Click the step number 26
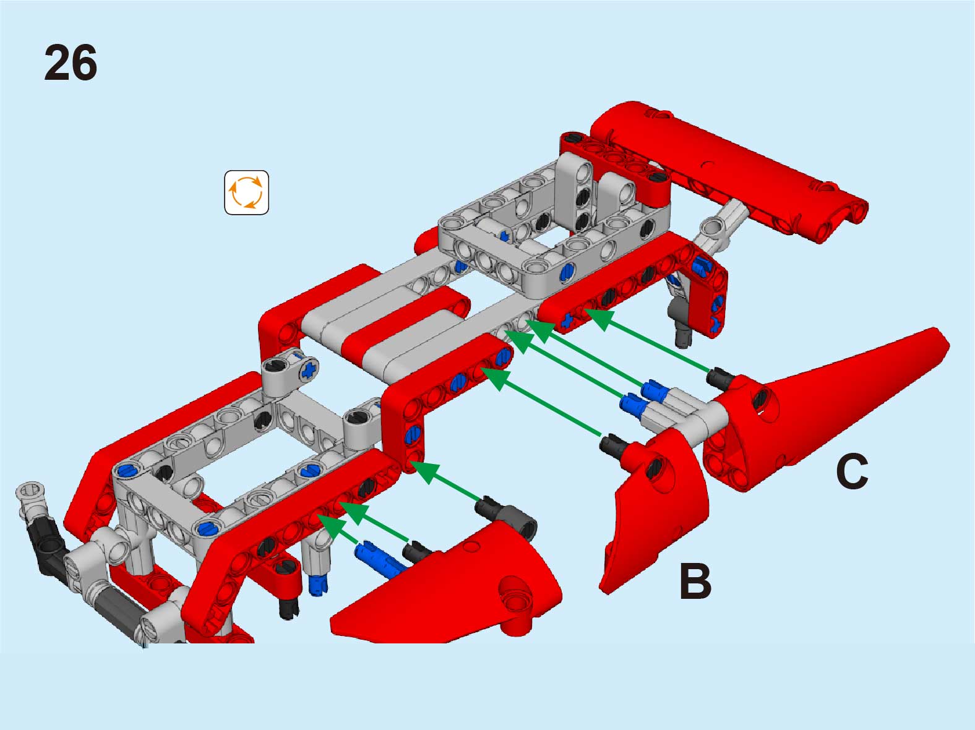tap(71, 62)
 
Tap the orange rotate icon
tap(246, 192)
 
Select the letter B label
tap(695, 582)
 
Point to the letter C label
tap(851, 471)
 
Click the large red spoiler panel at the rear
tap(729, 171)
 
